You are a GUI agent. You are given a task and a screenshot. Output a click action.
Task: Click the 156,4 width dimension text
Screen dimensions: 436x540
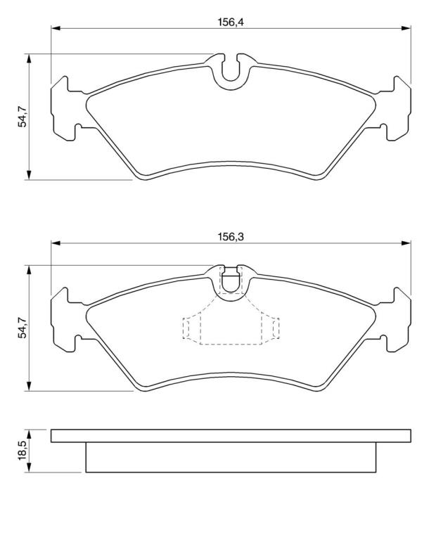(231, 22)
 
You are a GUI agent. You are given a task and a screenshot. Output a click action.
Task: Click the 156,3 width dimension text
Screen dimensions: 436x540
(231, 237)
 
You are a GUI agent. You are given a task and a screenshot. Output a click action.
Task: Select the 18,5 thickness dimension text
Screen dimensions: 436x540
(23, 451)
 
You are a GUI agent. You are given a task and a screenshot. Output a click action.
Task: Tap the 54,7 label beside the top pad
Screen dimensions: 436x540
(23, 117)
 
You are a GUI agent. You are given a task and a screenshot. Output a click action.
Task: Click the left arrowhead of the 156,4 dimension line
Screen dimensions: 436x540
(56, 28)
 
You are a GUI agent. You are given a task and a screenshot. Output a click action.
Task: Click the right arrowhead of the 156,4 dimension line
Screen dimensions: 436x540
(406, 28)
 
